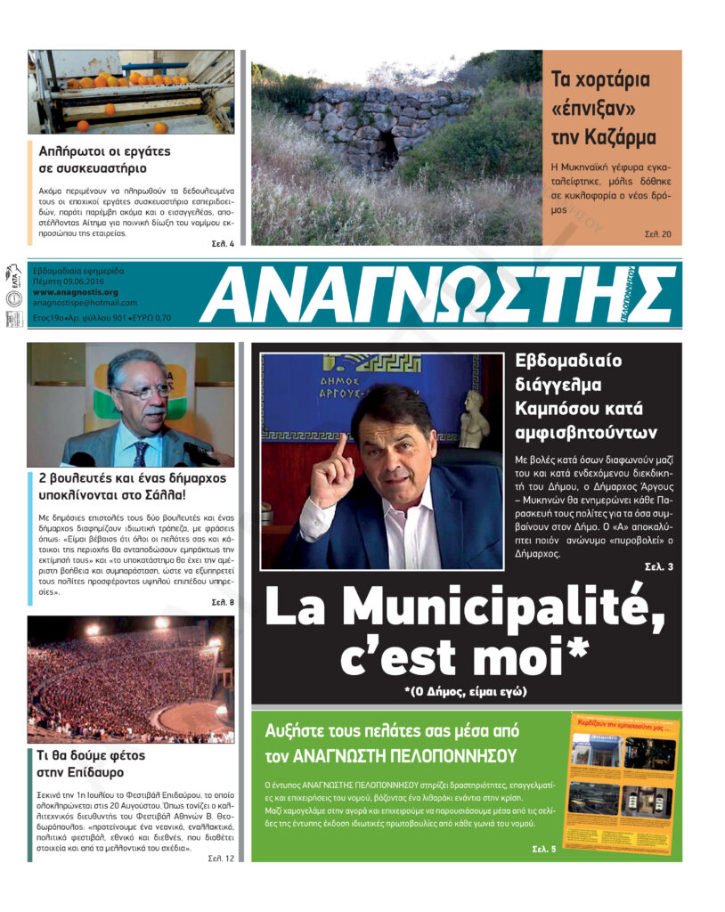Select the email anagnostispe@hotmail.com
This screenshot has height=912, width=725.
pyautogui.click(x=85, y=303)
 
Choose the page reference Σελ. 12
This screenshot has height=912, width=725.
pyautogui.click(x=221, y=859)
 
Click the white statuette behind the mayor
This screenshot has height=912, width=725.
pyautogui.click(x=475, y=419)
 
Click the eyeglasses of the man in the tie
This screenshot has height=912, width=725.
pyautogui.click(x=142, y=391)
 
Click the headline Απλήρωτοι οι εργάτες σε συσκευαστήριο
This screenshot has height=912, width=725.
pyautogui.click(x=104, y=159)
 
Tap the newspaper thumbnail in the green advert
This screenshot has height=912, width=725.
pyautogui.click(x=623, y=781)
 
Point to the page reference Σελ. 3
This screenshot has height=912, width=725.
pyautogui.click(x=659, y=566)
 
